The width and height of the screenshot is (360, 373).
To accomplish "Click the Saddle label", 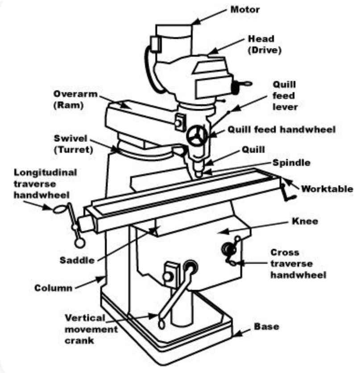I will coord(76,259).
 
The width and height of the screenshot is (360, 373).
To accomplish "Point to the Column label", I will coord(54,288).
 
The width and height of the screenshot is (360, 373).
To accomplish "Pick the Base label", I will coord(266,327).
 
